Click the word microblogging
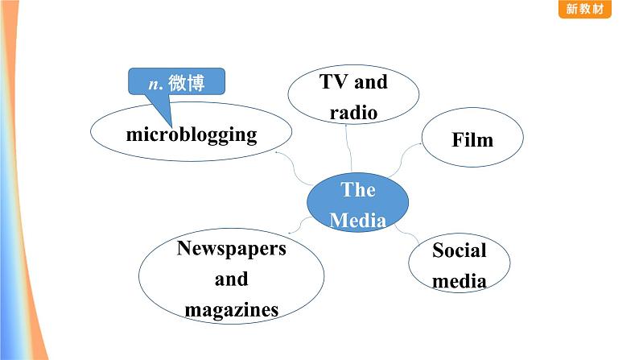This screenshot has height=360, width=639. click(191, 134)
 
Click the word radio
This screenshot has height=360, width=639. click(353, 112)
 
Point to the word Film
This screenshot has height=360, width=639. click(472, 140)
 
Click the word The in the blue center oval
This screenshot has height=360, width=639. click(358, 190)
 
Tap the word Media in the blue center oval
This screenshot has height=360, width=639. click(358, 220)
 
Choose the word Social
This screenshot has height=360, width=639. click(460, 250)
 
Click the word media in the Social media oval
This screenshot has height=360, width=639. click(460, 281)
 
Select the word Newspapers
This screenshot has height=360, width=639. click(232, 248)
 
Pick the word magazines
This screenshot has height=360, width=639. click(232, 309)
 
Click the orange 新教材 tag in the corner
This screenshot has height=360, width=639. click(583, 9)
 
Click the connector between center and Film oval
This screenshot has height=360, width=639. click(404, 160)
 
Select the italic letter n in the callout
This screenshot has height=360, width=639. click(153, 83)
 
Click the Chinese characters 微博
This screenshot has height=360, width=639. click(184, 83)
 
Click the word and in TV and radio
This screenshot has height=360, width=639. click(370, 81)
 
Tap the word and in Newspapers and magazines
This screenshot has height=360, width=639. click(232, 279)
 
